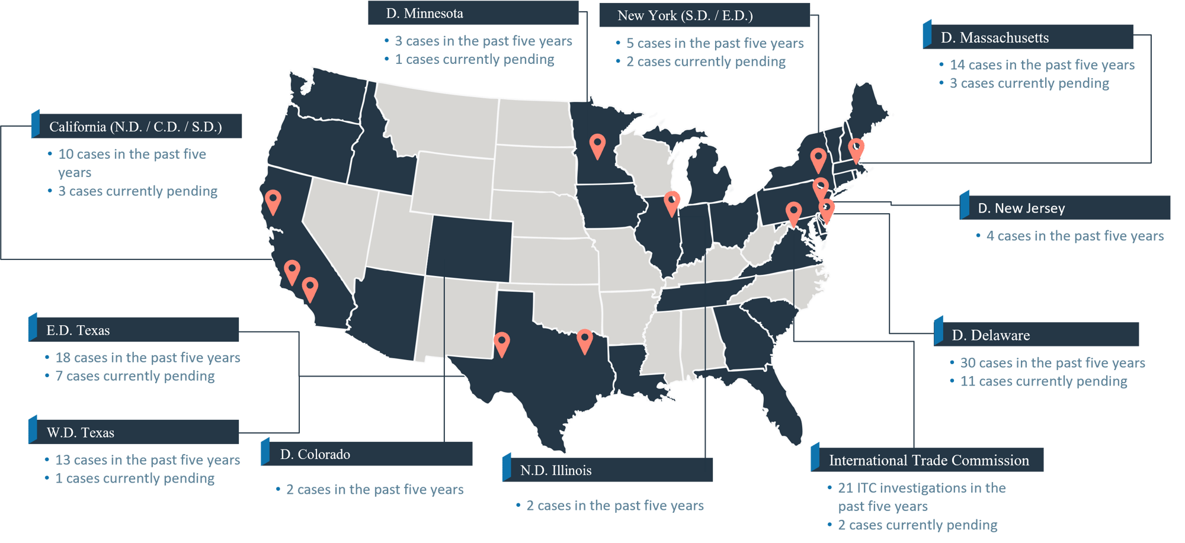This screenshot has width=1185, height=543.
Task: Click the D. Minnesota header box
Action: click(x=473, y=13)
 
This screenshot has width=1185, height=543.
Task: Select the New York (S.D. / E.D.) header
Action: click(x=704, y=15)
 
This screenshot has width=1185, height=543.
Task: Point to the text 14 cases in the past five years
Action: click(x=1042, y=65)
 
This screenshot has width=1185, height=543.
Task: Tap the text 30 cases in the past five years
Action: click(x=1052, y=363)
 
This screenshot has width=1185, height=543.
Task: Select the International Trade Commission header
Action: click(x=928, y=460)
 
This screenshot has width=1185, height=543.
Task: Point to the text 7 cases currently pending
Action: click(x=134, y=376)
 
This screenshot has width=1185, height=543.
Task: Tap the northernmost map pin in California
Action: click(x=273, y=200)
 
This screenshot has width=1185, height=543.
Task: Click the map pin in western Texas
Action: click(x=501, y=343)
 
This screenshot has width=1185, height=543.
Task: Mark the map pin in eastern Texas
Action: click(x=584, y=340)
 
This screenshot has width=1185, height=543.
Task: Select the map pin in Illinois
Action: click(x=671, y=202)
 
